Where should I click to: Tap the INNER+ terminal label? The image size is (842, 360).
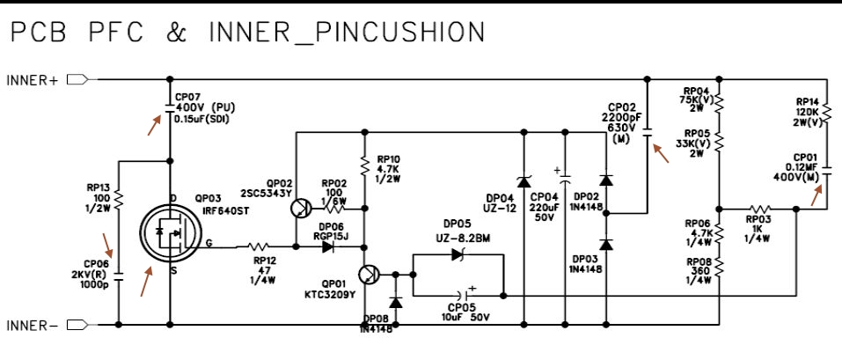click(33, 80)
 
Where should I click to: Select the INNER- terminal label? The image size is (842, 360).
click(33, 326)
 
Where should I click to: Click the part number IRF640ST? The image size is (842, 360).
click(223, 211)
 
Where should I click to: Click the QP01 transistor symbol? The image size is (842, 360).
click(369, 275)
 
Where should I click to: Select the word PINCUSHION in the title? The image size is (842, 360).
click(411, 33)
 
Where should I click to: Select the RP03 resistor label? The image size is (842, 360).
click(758, 220)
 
